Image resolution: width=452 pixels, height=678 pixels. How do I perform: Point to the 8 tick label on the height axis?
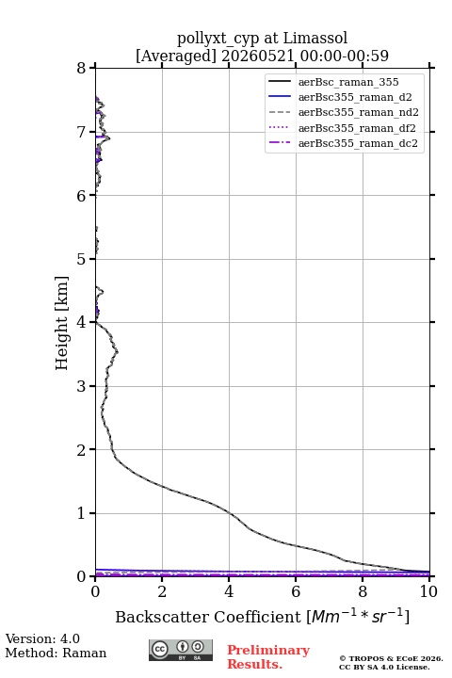click(81, 69)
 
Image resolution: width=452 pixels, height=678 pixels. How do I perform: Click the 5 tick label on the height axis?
click(81, 259)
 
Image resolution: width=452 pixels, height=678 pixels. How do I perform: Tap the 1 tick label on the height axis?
click(81, 513)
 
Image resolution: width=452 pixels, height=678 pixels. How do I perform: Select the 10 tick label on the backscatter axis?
click(428, 591)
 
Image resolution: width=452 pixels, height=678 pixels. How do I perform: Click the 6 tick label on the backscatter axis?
click(296, 591)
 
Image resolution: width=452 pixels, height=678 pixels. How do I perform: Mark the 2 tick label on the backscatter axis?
click(162, 591)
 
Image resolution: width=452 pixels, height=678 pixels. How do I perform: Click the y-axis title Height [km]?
click(62, 323)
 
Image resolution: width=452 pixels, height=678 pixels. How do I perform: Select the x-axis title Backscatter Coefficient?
click(208, 617)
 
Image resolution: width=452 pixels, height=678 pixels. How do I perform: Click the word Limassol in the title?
click(315, 39)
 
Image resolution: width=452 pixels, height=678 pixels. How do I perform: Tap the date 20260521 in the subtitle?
click(258, 56)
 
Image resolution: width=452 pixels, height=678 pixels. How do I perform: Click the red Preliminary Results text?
click(268, 657)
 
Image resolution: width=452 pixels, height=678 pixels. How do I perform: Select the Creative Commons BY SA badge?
click(181, 651)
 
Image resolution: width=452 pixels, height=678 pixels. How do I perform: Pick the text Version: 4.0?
click(42, 638)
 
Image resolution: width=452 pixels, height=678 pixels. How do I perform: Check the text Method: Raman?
click(56, 653)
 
